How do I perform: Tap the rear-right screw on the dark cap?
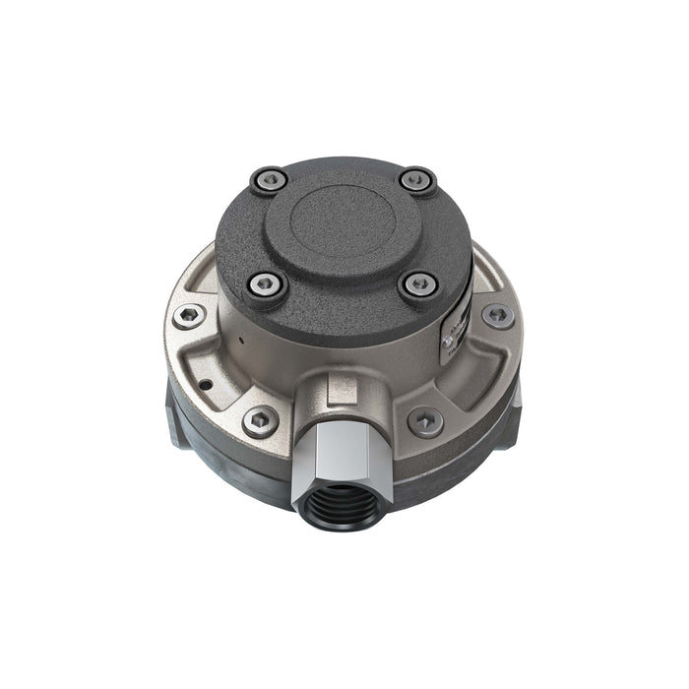(x=418, y=181)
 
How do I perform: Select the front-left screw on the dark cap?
(x=267, y=286)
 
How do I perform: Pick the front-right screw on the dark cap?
(x=417, y=285)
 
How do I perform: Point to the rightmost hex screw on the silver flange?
(x=498, y=316)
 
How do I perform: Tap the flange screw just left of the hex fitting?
(x=261, y=419)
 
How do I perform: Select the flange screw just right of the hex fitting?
(x=424, y=420)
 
